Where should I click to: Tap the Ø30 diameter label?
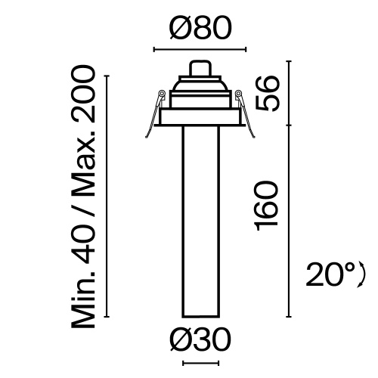[x=200, y=342]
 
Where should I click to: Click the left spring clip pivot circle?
[x=162, y=94]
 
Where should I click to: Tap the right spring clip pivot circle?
[x=238, y=94]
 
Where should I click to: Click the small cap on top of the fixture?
[x=200, y=68]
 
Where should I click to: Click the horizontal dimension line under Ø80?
[x=200, y=51]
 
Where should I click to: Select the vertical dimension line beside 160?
[x=288, y=219]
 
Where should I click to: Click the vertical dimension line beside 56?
[x=288, y=91]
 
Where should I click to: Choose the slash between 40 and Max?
[x=83, y=214]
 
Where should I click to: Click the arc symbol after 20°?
[x=362, y=274]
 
